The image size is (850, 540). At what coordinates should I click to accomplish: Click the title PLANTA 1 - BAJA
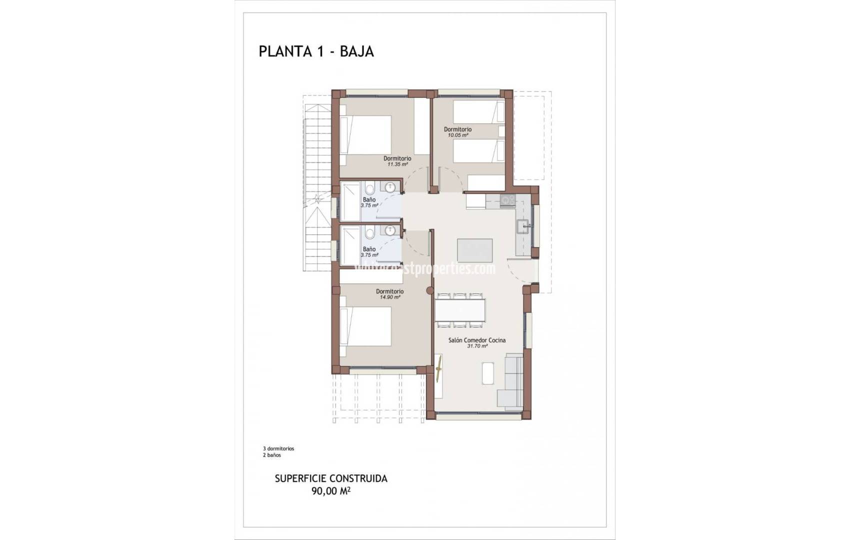point(316,51)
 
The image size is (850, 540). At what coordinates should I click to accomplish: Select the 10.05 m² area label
point(457,135)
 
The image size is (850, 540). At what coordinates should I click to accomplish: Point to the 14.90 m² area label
point(389,297)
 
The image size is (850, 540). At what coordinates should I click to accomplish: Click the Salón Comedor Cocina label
point(476,340)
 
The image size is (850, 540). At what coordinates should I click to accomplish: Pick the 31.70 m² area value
point(477,346)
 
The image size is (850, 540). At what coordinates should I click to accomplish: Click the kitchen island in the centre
point(474,250)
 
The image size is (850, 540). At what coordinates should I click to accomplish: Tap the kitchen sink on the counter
point(525,226)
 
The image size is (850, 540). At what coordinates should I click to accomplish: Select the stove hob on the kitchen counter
point(507,200)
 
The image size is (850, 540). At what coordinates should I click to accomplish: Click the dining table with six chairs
point(460,310)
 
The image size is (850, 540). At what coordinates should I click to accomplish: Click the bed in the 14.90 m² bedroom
point(365,326)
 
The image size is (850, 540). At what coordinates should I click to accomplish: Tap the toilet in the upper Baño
point(370,189)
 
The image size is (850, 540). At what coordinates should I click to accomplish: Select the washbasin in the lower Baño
point(390,230)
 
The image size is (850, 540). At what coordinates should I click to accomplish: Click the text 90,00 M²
point(330,491)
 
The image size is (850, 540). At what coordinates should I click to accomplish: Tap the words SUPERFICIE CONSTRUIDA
point(331,478)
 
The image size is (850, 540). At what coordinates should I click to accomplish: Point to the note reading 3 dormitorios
point(278,448)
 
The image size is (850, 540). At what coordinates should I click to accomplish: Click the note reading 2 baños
point(272,455)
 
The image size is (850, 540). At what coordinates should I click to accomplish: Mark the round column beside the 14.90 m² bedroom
point(429,291)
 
